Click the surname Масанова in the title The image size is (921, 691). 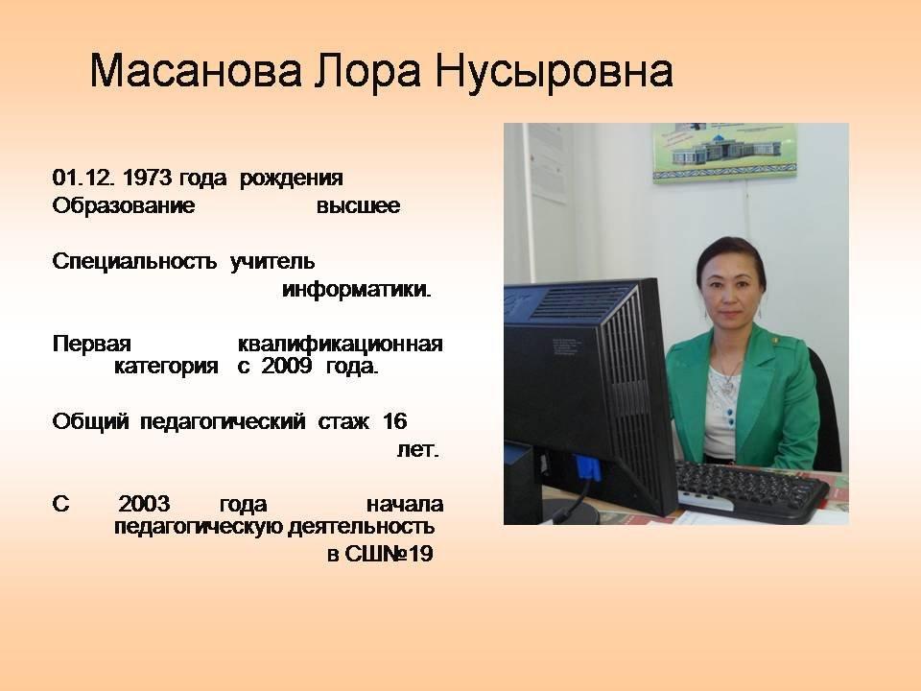click(196, 72)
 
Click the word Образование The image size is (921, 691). click(124, 206)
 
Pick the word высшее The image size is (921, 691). click(358, 206)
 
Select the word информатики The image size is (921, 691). click(357, 289)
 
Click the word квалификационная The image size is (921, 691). click(340, 344)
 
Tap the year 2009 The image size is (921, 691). click(287, 366)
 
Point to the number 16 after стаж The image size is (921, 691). click(394, 421)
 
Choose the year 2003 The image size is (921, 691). click(145, 504)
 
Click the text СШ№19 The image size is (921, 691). click(389, 554)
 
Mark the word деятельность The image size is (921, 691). click(362, 527)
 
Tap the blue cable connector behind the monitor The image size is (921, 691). click(588, 469)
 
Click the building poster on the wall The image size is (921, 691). click(724, 151)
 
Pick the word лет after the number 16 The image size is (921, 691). click(417, 450)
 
